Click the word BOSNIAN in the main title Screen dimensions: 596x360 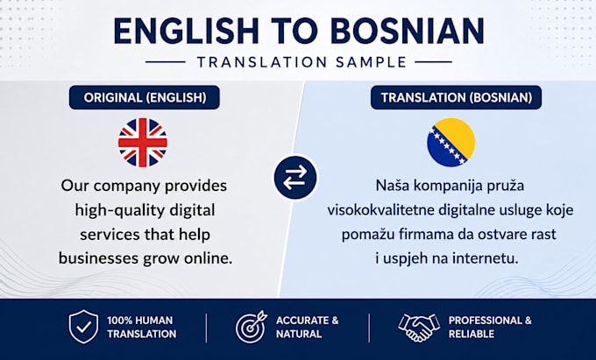tap(407, 32)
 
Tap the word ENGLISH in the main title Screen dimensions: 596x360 tap(186, 32)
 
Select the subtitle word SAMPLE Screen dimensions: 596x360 tap(372, 62)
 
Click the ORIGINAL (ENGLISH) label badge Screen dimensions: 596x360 tap(145, 97)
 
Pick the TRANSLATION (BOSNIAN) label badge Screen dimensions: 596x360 tap(456, 97)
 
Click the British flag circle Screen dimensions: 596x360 tap(143, 143)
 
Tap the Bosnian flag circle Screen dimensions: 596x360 tap(451, 142)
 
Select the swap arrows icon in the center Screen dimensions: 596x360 tap(295, 178)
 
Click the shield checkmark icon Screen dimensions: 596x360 tap(83, 327)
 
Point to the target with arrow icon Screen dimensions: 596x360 tap(252, 327)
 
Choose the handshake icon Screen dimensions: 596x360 tap(419, 327)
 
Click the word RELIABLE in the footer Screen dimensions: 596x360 tap(472, 335)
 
